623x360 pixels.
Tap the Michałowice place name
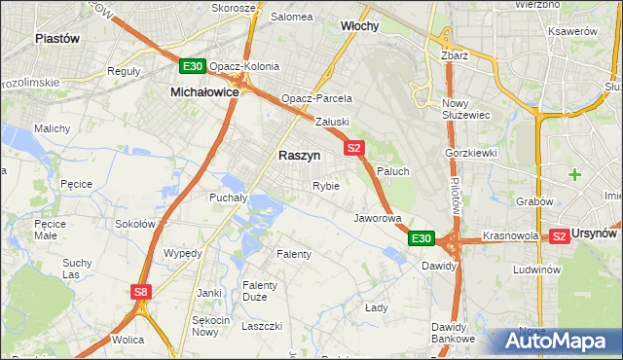(x=204, y=90)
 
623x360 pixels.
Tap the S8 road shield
(x=142, y=291)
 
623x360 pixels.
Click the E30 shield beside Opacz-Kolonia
(x=192, y=66)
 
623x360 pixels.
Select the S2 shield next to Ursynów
(x=559, y=236)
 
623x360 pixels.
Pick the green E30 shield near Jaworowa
(x=421, y=237)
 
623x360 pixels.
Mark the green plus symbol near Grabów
(x=575, y=175)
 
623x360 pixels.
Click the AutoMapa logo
(x=554, y=341)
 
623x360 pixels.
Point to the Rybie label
(x=325, y=186)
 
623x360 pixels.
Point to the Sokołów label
(x=135, y=224)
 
